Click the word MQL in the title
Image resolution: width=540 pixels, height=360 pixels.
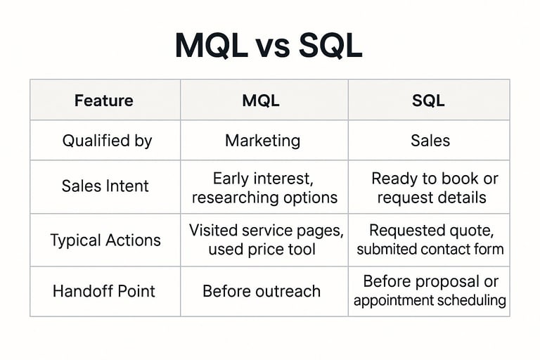point(212,46)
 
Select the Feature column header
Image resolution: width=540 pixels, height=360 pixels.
point(104,101)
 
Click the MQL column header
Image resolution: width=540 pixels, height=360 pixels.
point(261,101)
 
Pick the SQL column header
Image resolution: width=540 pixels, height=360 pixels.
point(428,101)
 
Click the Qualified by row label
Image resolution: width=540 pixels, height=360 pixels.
point(107,141)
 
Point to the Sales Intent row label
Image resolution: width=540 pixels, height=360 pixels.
point(105,186)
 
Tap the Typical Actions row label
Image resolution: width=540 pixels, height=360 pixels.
point(105,240)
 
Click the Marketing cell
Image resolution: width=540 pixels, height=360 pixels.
point(262,141)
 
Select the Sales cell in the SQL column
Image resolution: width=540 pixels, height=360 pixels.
point(430,141)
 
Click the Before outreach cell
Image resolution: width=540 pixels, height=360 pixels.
point(262,291)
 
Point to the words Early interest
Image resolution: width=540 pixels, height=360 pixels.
point(263,179)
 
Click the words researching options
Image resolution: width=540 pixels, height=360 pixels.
point(264,198)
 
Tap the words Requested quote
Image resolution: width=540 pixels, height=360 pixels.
point(428,230)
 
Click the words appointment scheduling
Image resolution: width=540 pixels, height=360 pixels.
point(430,300)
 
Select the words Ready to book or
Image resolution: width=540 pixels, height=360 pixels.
point(434,179)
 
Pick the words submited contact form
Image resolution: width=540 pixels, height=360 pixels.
point(430,249)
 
